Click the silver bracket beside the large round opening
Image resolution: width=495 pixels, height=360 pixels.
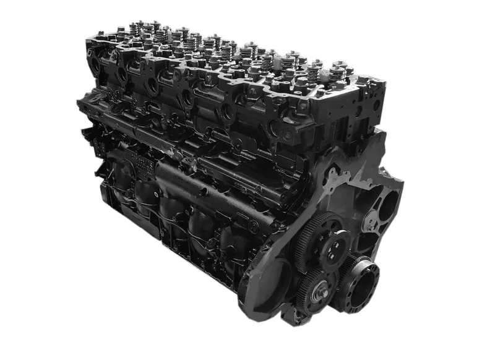pyautogui.click(x=373, y=221)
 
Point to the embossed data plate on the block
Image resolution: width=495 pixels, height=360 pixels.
pyautogui.click(x=140, y=166)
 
